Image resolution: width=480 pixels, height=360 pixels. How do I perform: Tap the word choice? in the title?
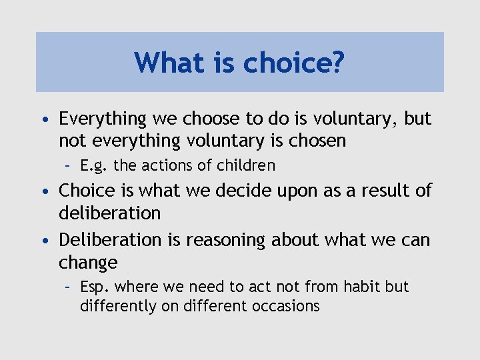tap(294, 63)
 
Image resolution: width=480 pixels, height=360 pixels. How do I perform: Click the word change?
tap(88, 262)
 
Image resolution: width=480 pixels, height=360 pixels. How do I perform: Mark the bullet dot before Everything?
tap(43, 120)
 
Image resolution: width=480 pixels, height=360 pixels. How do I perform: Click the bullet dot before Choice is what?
tap(43, 191)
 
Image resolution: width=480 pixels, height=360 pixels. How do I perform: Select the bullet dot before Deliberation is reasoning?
tap(43, 239)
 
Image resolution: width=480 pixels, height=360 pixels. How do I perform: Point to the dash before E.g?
tap(69, 165)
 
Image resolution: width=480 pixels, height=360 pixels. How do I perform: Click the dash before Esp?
tap(69, 287)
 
